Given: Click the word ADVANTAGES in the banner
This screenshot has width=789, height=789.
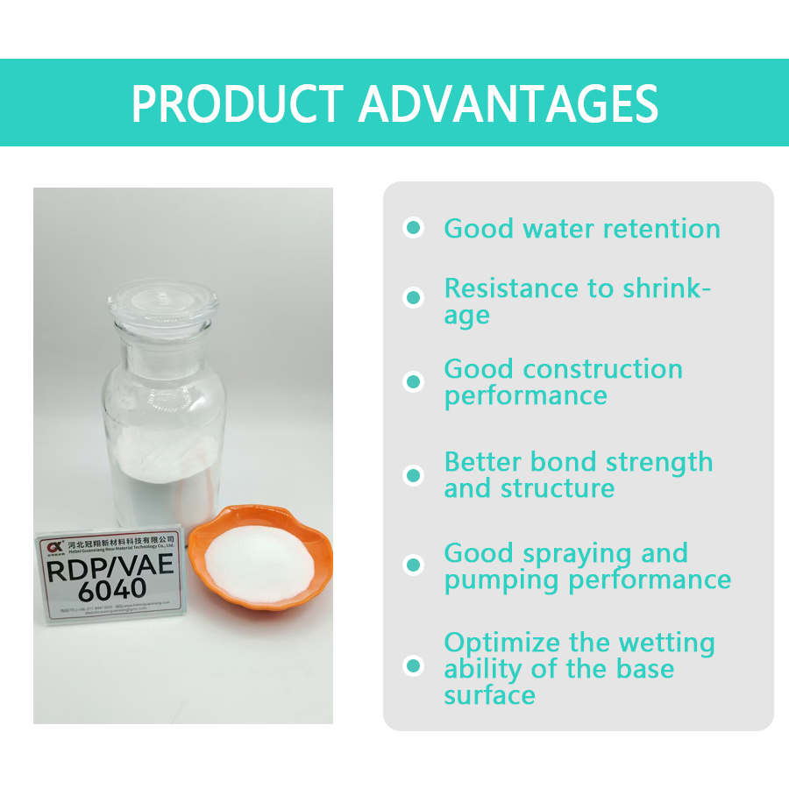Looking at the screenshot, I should click(x=508, y=103).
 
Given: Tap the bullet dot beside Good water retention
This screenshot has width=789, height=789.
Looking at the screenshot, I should click(x=413, y=228).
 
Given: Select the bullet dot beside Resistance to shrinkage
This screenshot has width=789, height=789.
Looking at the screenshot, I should click(x=413, y=297).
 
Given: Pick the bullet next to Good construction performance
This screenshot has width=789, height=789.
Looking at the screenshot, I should click(x=413, y=382).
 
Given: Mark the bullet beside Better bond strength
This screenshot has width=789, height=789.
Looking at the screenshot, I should click(x=413, y=475).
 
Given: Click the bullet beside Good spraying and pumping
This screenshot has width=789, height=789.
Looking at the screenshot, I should click(x=413, y=565).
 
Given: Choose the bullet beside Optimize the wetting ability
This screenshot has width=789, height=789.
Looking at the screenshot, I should click(x=413, y=666).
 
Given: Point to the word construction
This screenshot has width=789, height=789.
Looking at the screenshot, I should click(x=605, y=369).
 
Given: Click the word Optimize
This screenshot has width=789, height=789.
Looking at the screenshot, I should click(x=499, y=643).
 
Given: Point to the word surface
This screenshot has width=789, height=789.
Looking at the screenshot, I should click(x=489, y=695).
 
